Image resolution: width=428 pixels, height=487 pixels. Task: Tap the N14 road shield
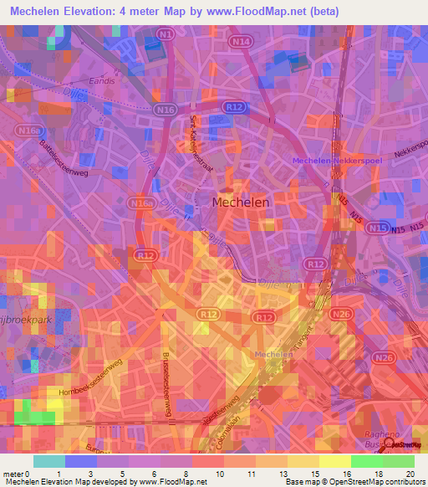pos(242,41)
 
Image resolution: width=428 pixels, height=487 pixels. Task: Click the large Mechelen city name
pos(241,202)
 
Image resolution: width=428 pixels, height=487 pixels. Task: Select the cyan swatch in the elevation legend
pos(49,461)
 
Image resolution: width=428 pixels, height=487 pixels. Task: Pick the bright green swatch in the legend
pos(366,461)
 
